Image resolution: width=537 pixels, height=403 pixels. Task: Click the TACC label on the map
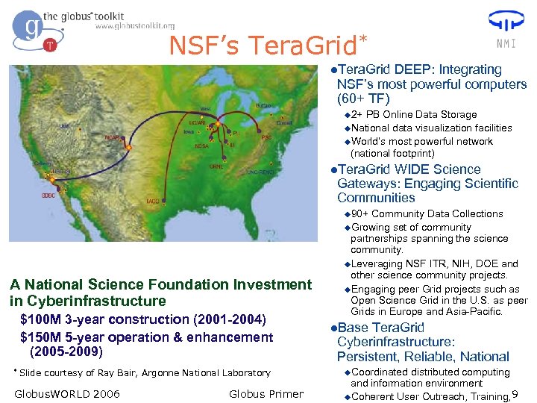(x=152, y=201)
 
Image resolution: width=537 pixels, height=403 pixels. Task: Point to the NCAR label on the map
(x=113, y=137)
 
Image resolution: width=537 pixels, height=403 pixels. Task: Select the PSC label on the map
(x=266, y=137)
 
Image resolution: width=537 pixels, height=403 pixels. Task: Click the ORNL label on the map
(x=217, y=166)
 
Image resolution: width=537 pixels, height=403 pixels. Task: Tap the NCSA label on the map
(x=201, y=146)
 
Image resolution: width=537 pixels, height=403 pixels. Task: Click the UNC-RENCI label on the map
(x=263, y=172)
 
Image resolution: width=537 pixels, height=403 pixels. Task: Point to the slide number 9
(x=515, y=395)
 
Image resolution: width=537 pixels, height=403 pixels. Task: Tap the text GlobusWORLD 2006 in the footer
(x=67, y=394)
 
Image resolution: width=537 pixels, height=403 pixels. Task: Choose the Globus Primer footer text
(x=266, y=394)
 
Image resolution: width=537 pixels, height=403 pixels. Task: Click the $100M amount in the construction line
(x=42, y=319)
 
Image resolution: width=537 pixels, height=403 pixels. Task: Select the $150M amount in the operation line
(x=42, y=337)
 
